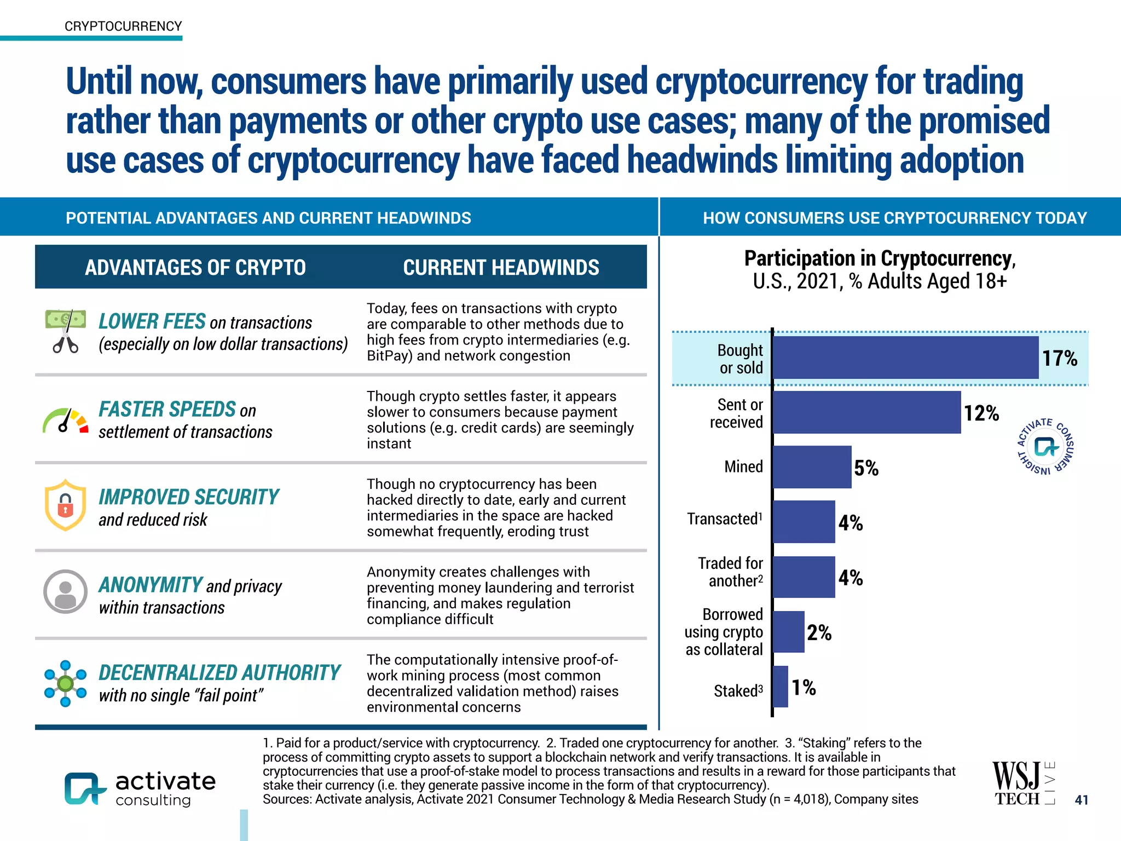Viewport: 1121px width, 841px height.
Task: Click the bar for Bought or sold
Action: point(905,358)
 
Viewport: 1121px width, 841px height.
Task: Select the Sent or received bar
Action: point(866,412)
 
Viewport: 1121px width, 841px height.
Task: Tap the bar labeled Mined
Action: point(812,467)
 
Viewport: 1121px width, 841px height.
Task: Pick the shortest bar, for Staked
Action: point(781,687)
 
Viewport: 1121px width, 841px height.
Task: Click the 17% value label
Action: point(1059,359)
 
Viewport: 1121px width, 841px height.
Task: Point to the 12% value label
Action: point(981,413)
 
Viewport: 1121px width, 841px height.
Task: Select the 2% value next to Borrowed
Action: point(819,633)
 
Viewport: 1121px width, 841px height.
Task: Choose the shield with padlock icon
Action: point(65,505)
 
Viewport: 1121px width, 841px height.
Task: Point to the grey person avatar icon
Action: point(65,591)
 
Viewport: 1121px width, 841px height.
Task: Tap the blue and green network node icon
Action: point(65,683)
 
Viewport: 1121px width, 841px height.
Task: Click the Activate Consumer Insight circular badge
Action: point(1045,447)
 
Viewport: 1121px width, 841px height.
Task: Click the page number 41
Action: point(1081,800)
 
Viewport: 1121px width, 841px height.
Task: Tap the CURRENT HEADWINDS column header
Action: point(501,268)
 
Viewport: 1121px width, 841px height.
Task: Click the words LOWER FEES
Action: point(152,321)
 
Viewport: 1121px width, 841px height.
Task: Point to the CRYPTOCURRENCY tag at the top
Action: point(123,26)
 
